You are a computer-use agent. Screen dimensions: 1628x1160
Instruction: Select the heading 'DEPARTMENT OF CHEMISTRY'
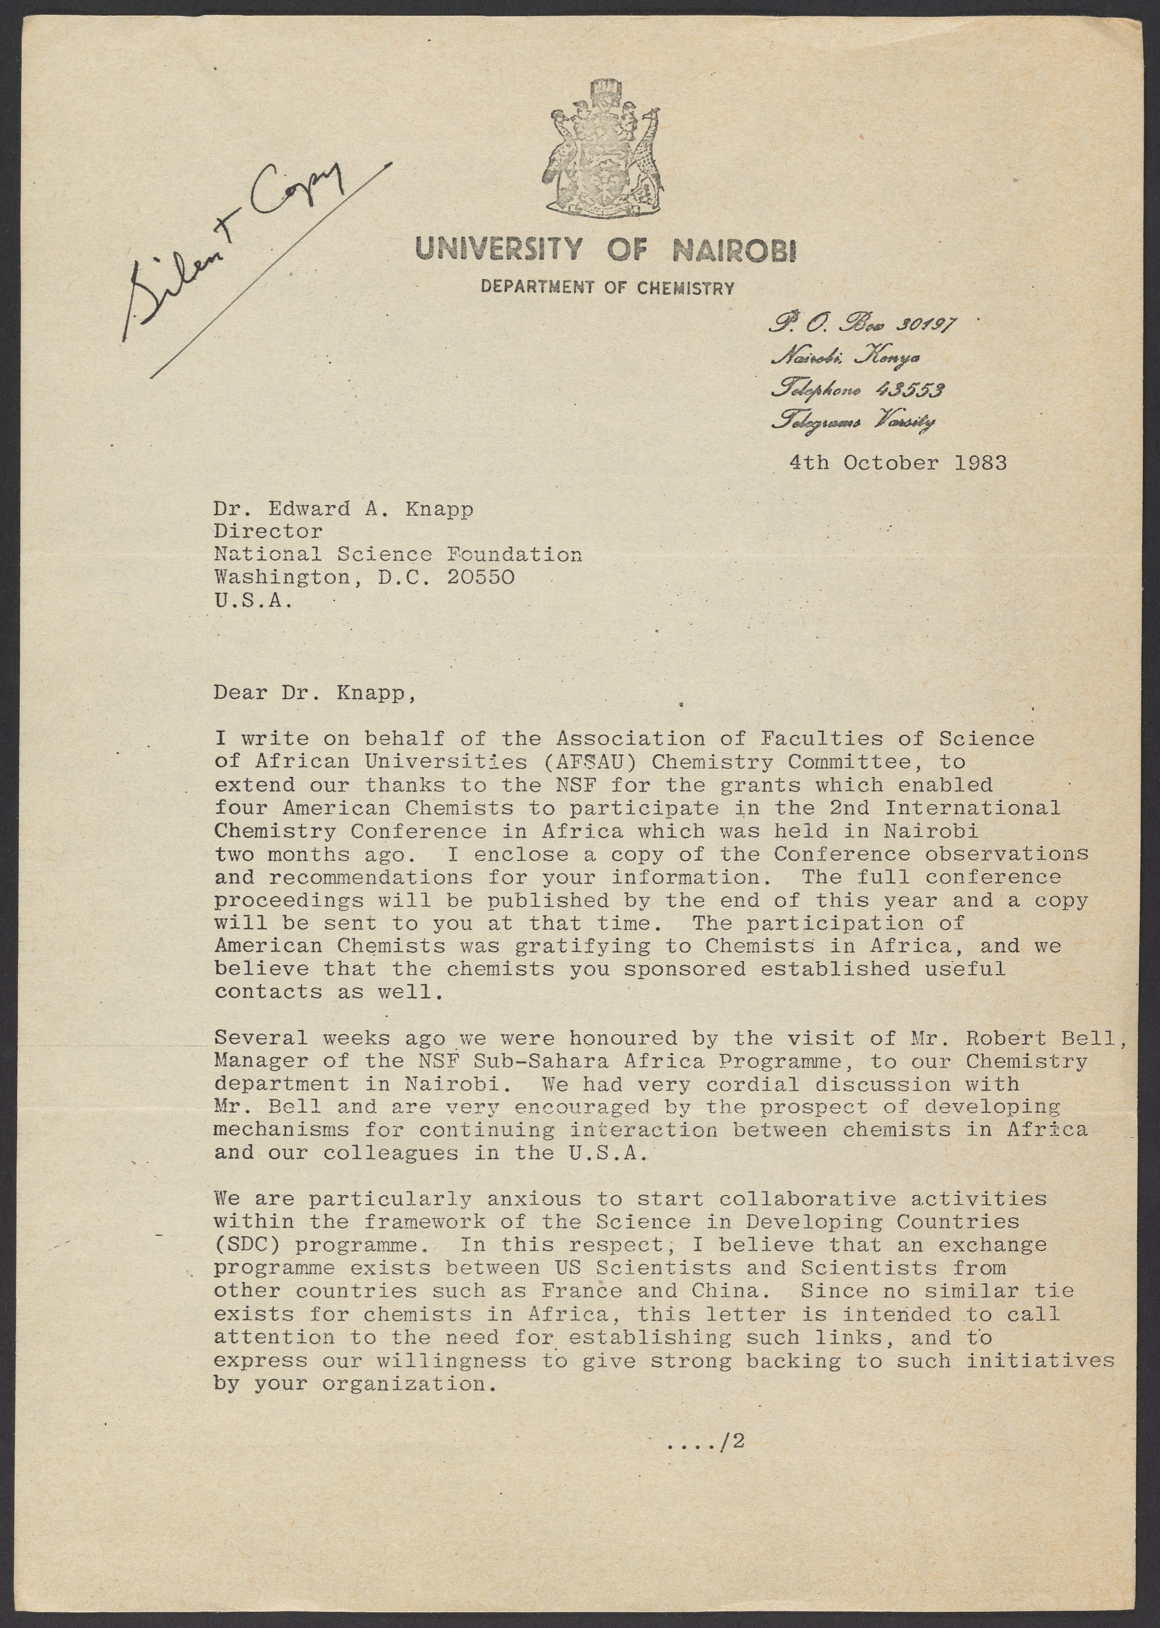pos(607,288)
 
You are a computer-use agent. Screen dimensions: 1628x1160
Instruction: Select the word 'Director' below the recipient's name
pos(268,531)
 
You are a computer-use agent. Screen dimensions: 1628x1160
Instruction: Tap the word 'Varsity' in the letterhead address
pos(906,423)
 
